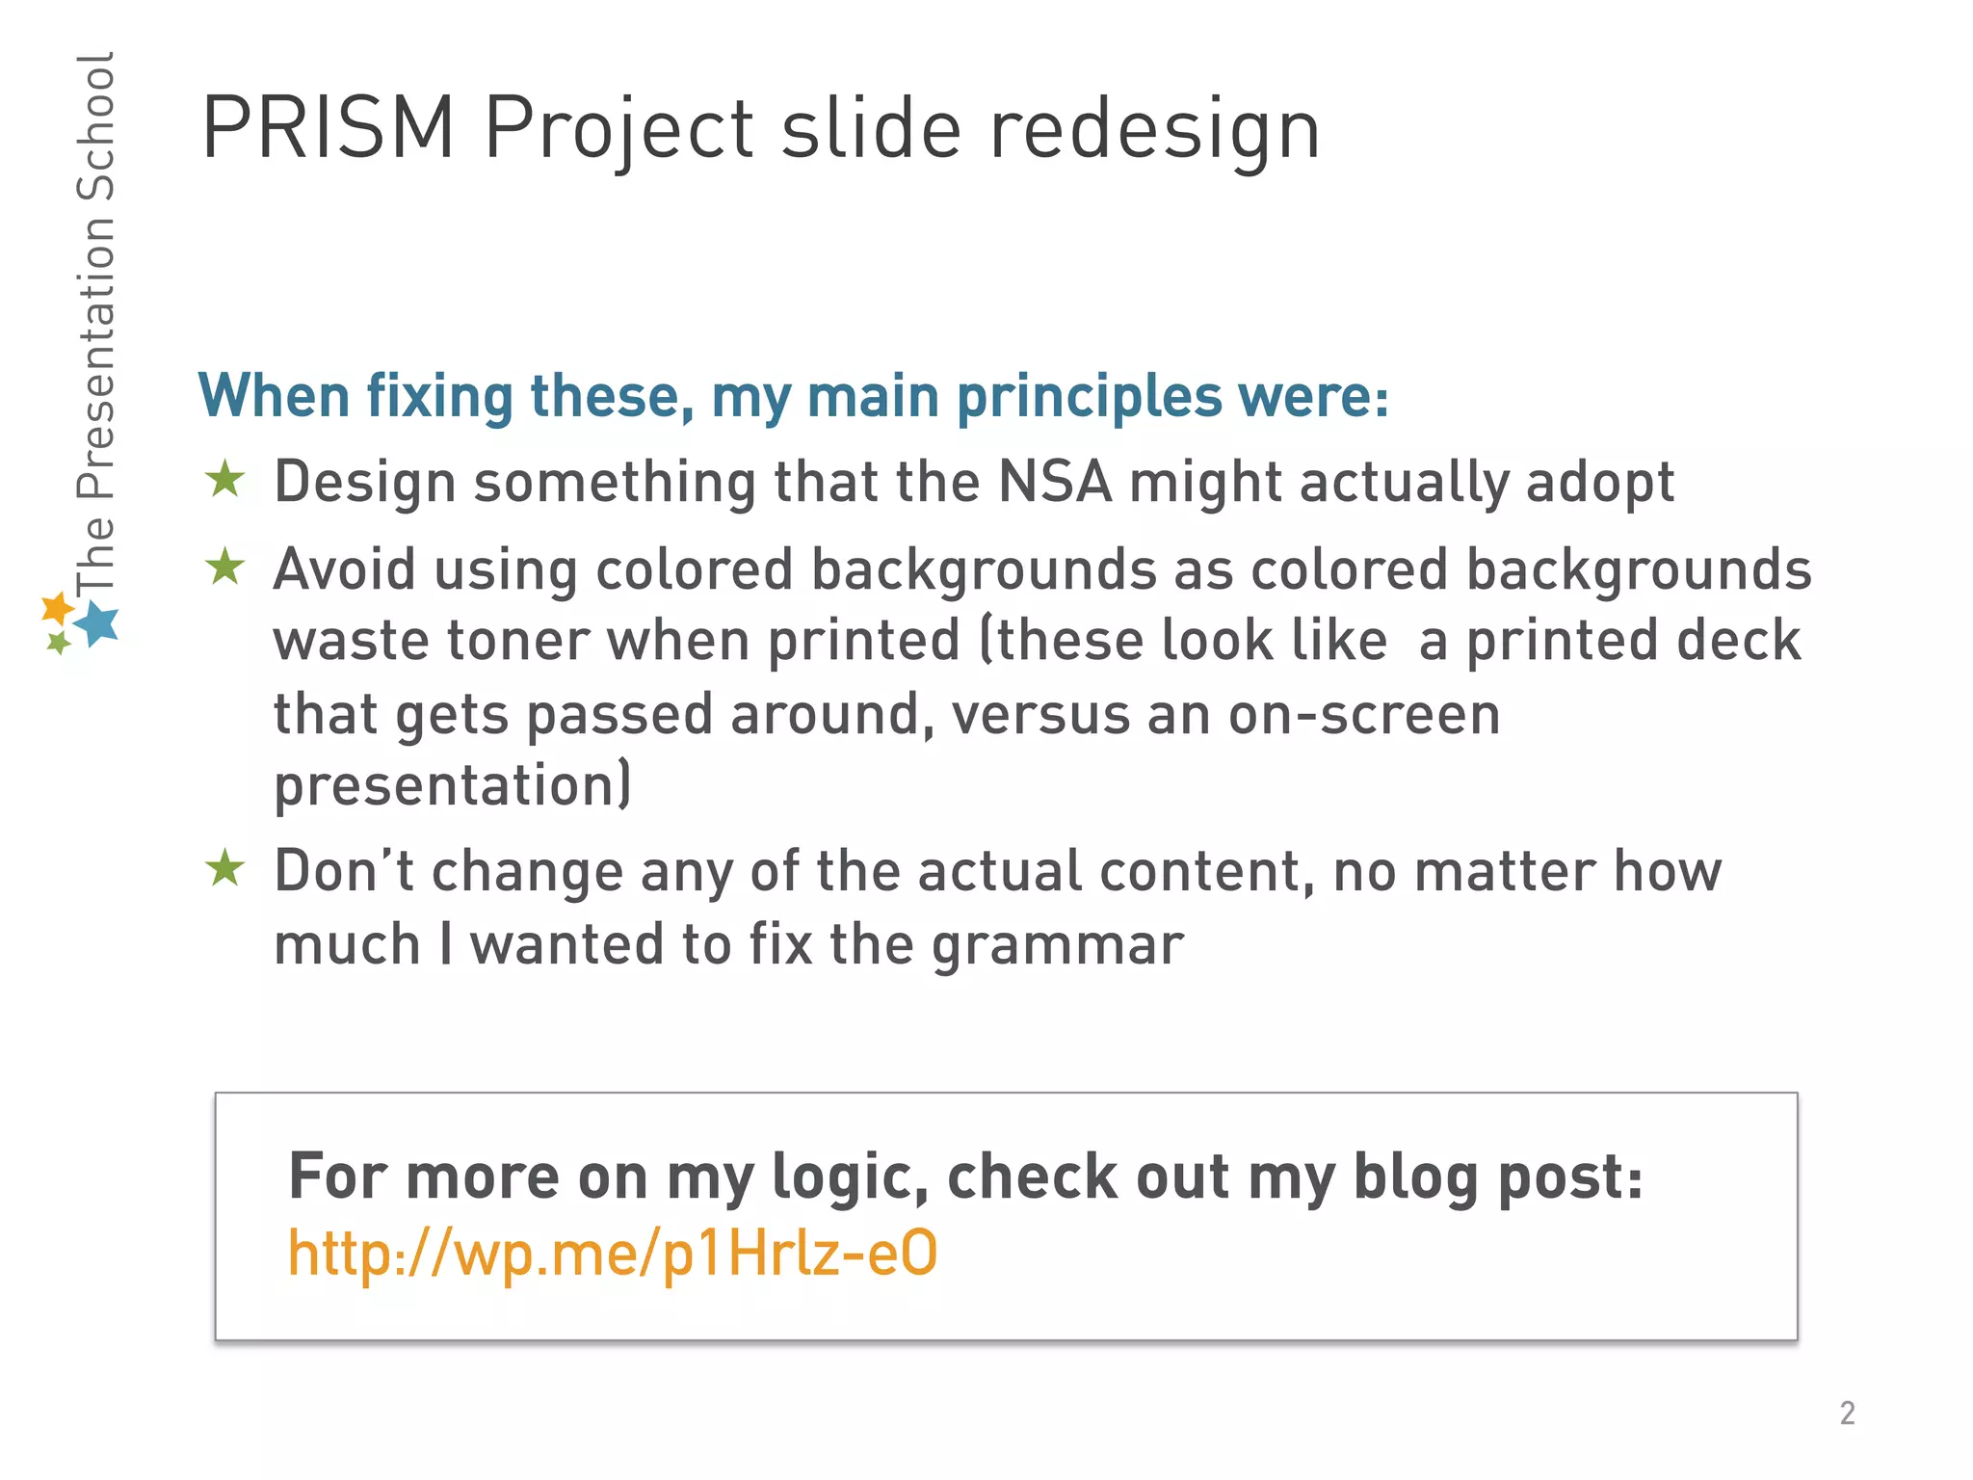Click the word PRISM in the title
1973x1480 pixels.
328,128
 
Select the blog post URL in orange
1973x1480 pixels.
613,1254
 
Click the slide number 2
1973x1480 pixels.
1847,1413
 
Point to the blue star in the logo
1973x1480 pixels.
97,623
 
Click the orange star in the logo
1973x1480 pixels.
58,607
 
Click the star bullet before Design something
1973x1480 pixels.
225,479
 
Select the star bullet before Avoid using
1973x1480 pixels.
225,567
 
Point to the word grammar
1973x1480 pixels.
1057,945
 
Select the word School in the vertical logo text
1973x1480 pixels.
96,126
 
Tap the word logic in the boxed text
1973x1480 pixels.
850,1178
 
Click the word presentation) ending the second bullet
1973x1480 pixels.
453,786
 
